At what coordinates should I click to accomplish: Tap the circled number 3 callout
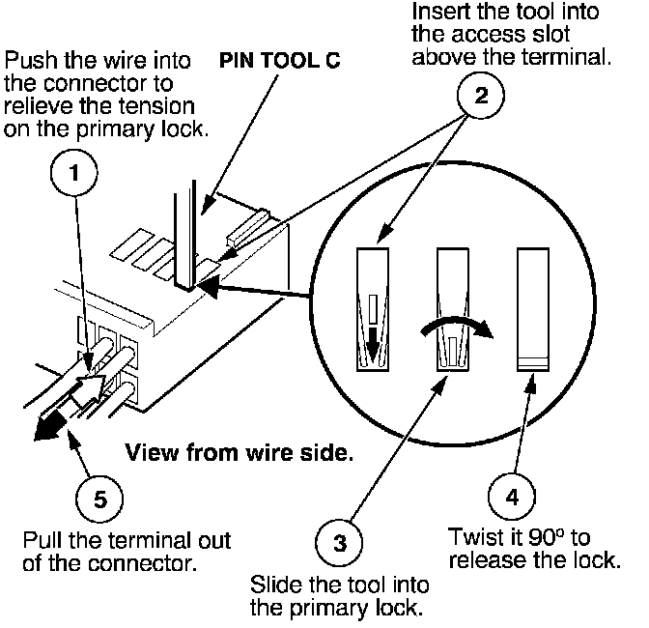click(x=339, y=543)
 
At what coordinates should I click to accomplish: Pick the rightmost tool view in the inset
click(x=533, y=309)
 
